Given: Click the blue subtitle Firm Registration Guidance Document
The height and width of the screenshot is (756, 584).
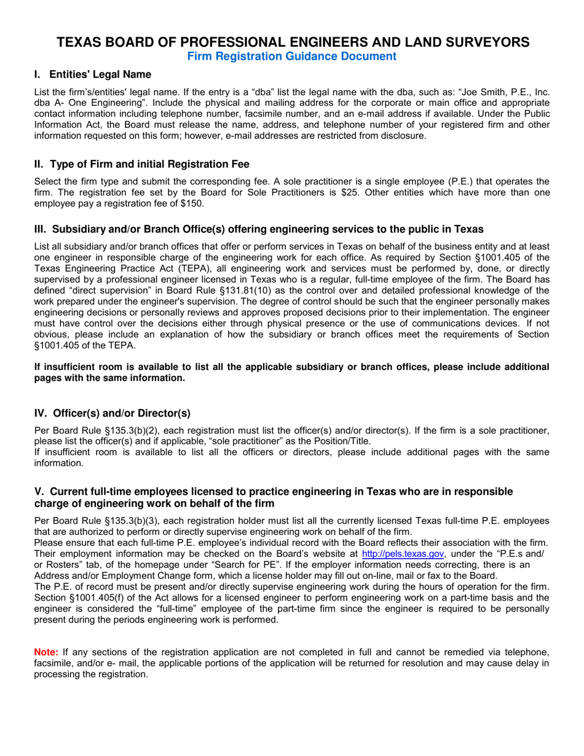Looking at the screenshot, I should (291, 57).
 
